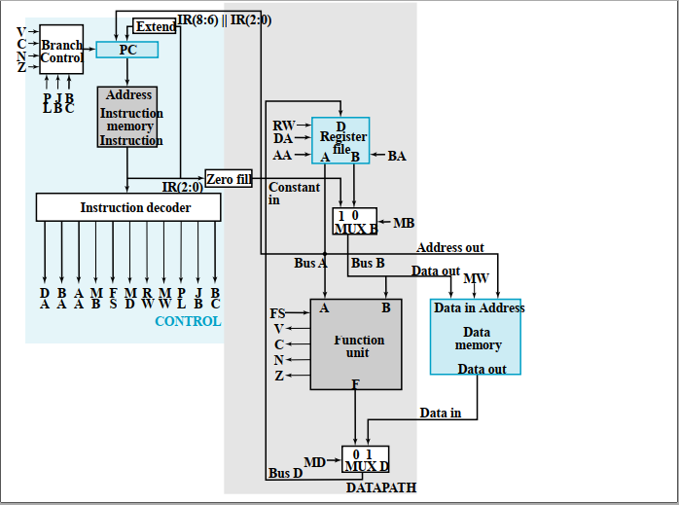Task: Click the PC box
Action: tap(126, 49)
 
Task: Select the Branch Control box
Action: tap(61, 52)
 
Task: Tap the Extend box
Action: tap(155, 26)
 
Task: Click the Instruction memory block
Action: tap(127, 118)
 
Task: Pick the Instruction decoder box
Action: tap(127, 207)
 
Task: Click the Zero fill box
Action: tap(229, 179)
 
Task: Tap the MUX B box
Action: tap(354, 221)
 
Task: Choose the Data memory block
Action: tap(476, 337)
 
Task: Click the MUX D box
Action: tap(365, 459)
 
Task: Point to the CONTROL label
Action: tap(188, 321)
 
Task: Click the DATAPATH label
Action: tap(380, 487)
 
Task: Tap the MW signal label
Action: tap(476, 279)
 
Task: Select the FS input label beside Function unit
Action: tap(277, 313)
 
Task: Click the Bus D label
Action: tap(285, 474)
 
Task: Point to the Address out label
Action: tap(449, 248)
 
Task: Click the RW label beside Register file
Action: tap(283, 126)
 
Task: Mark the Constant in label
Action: tap(293, 194)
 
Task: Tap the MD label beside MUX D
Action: tap(314, 461)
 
